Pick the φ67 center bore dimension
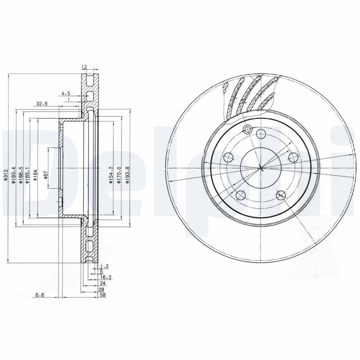click(46, 173)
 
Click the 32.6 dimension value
click(41, 103)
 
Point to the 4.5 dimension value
click(66, 94)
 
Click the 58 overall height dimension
click(102, 295)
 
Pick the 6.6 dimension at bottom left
click(40, 295)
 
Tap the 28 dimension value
click(102, 289)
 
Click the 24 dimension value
click(102, 283)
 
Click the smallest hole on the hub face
click(246, 130)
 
